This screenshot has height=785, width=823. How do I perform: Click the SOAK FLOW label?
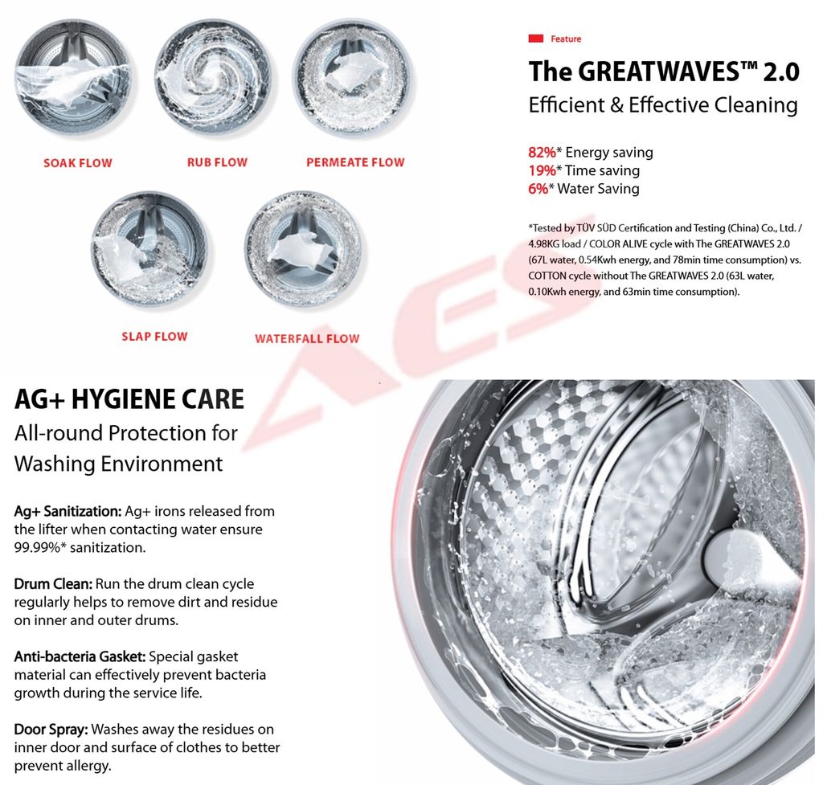[x=78, y=163]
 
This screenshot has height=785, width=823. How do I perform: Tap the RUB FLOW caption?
[x=217, y=162]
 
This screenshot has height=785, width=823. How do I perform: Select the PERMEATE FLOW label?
[x=355, y=162]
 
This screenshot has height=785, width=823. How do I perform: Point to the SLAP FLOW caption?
[x=154, y=337]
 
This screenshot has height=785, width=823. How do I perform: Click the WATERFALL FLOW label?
[x=307, y=339]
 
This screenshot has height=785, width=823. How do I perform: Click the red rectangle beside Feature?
[x=536, y=39]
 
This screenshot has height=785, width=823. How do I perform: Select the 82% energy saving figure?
[x=542, y=153]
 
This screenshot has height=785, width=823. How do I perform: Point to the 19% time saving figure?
[x=542, y=171]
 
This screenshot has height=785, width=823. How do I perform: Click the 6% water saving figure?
[x=538, y=189]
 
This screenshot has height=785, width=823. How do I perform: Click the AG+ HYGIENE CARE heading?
[x=129, y=399]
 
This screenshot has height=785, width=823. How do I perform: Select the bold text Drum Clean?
[x=54, y=584]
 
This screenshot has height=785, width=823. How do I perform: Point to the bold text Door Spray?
[x=51, y=730]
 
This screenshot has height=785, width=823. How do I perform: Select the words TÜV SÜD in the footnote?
[x=596, y=228]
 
